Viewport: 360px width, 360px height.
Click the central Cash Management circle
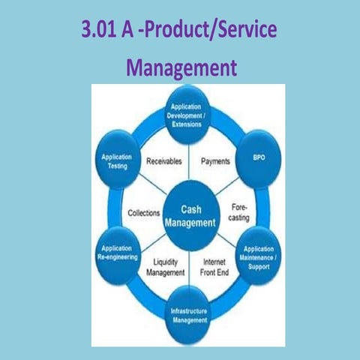tap(190, 217)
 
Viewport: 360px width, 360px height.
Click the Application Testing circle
tap(116, 160)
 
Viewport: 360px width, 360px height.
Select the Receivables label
tap(163, 161)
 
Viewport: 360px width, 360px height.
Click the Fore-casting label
tap(238, 211)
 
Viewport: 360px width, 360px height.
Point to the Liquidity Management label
tap(164, 267)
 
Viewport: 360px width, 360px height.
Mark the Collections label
tap(144, 212)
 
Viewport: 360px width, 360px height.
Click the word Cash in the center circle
tap(191, 209)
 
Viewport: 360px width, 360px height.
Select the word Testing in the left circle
tap(116, 166)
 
